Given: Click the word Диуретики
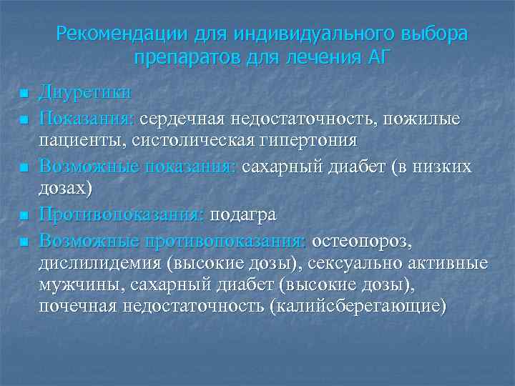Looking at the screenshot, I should [85, 93].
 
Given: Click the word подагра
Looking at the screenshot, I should [242, 214].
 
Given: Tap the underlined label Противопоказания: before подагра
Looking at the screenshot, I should [122, 214].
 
